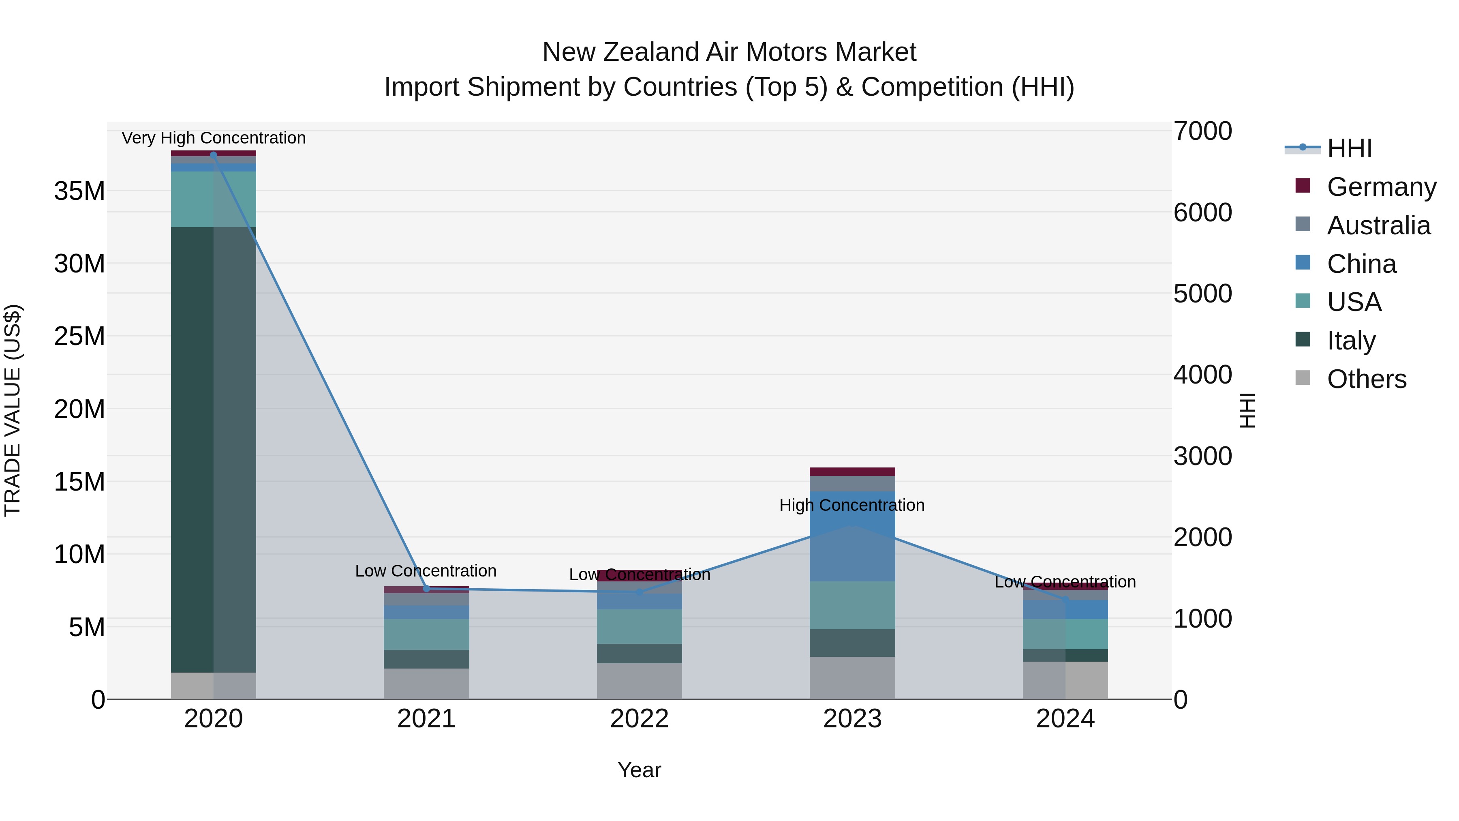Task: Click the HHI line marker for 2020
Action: pyautogui.click(x=214, y=155)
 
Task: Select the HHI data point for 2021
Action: pyautogui.click(x=426, y=589)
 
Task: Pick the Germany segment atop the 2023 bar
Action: pyautogui.click(x=852, y=472)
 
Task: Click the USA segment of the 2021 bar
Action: pyautogui.click(x=426, y=634)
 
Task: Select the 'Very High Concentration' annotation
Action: pyautogui.click(x=214, y=138)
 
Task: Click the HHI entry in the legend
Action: pyautogui.click(x=1349, y=148)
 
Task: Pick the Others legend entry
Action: pyautogui.click(x=1366, y=379)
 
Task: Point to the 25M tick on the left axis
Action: pyautogui.click(x=79, y=337)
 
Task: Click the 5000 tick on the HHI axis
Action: pyautogui.click(x=1202, y=294)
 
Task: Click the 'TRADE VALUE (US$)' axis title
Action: pyautogui.click(x=13, y=410)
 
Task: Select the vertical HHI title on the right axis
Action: pyautogui.click(x=1247, y=410)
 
